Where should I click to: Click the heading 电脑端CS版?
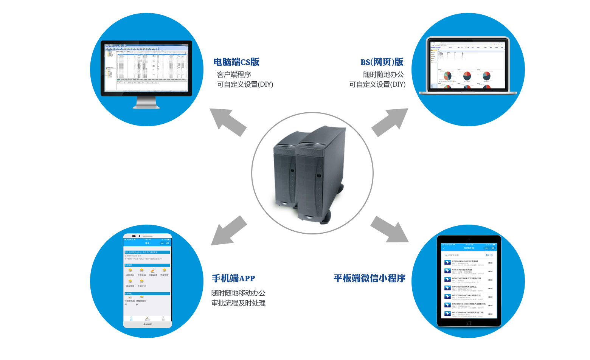pyautogui.click(x=236, y=62)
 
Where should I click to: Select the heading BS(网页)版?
pyautogui.click(x=382, y=62)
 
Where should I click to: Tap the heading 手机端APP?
pyautogui.click(x=233, y=278)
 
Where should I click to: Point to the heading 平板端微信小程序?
pyautogui.click(x=369, y=278)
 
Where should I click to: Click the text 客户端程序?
pyautogui.click(x=234, y=74)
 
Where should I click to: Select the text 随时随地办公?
pyautogui.click(x=383, y=74)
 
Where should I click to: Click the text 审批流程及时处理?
pyautogui.click(x=238, y=303)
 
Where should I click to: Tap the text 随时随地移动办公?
pyautogui.click(x=238, y=293)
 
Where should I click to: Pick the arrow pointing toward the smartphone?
pyautogui.click(x=228, y=231)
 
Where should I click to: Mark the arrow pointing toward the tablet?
pyautogui.click(x=390, y=229)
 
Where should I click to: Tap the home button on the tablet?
pyautogui.click(x=469, y=323)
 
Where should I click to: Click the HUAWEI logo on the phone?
pyautogui.click(x=147, y=324)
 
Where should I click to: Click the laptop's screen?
pyautogui.click(x=467, y=64)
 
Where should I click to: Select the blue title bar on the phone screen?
pyautogui.click(x=147, y=243)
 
